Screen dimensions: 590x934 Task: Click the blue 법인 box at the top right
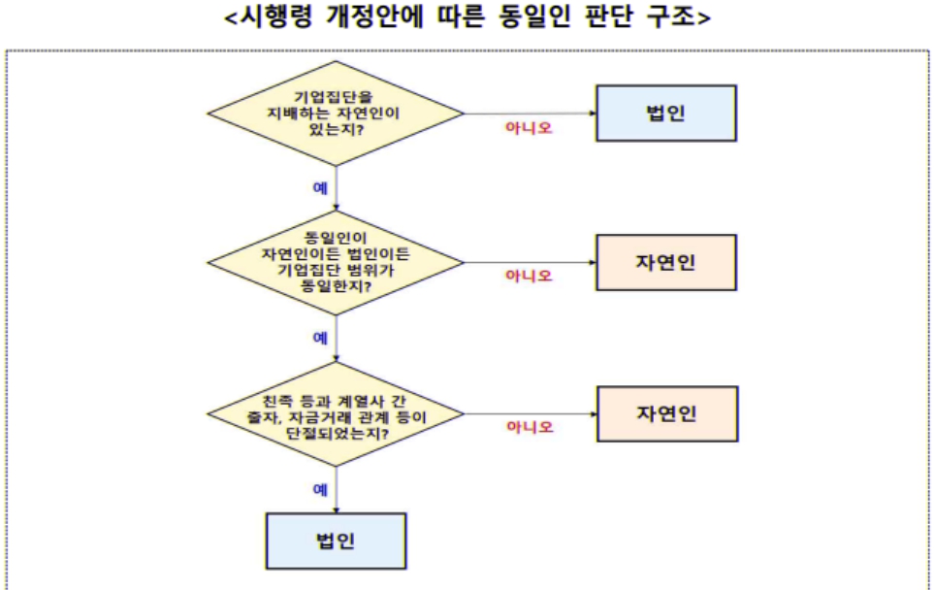[665, 113]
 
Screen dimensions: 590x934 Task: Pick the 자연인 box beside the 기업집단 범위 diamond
[665, 263]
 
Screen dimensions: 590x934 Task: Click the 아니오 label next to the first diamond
[529, 127]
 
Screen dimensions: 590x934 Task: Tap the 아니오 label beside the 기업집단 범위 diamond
[529, 277]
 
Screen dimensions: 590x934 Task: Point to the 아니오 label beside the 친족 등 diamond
[529, 427]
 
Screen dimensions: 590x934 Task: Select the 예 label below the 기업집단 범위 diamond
[320, 338]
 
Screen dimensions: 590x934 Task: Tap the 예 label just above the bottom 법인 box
[320, 490]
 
